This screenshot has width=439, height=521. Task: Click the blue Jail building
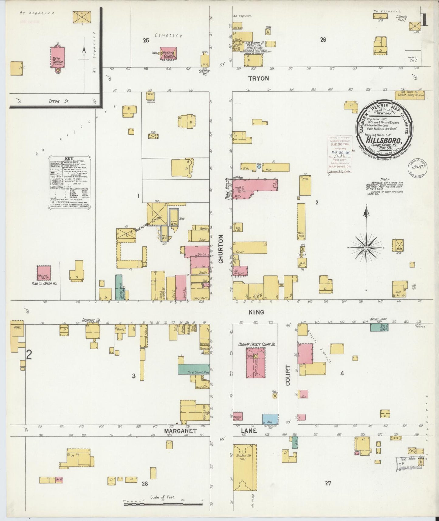(270, 419)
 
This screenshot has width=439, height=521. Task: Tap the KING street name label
(256, 312)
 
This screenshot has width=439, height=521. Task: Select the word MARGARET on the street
(180, 431)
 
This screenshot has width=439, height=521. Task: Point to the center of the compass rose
(366, 248)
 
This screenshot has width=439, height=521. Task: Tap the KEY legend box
(71, 183)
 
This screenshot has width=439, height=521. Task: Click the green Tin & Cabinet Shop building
(194, 368)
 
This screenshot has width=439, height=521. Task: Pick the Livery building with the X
(157, 214)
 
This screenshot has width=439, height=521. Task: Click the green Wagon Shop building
(379, 327)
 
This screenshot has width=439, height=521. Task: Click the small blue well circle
(259, 167)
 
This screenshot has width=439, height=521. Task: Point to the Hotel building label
(17, 327)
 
